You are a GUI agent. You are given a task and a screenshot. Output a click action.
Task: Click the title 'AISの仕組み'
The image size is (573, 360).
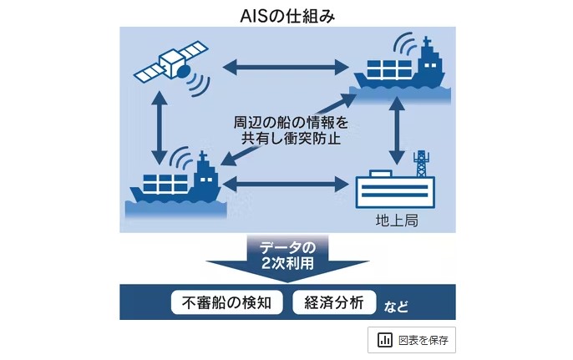286,14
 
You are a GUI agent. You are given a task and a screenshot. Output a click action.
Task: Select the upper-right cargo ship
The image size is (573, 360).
400,68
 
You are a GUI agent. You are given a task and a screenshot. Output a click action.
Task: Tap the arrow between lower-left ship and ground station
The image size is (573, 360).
286,183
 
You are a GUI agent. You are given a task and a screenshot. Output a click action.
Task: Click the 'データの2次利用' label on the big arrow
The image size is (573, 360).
286,255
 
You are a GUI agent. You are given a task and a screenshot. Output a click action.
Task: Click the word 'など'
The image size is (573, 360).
397,305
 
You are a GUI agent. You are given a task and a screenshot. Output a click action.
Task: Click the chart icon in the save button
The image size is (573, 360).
385,340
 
